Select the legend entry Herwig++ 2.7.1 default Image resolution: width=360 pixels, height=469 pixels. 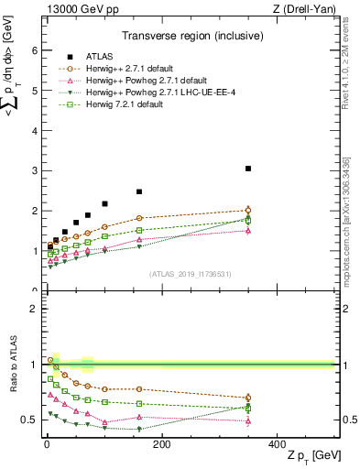(127, 68)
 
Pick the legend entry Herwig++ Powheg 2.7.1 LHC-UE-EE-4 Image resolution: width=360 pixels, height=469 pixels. (152, 92)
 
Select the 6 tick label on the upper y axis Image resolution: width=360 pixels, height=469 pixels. (34, 51)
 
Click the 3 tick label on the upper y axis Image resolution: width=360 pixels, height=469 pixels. (34, 171)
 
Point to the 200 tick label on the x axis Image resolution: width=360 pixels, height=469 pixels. (161, 444)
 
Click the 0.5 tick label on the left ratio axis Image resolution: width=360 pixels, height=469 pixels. (29, 420)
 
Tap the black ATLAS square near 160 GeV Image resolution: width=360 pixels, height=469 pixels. (139, 192)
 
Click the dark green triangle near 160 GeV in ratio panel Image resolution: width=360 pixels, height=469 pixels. (139, 429)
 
